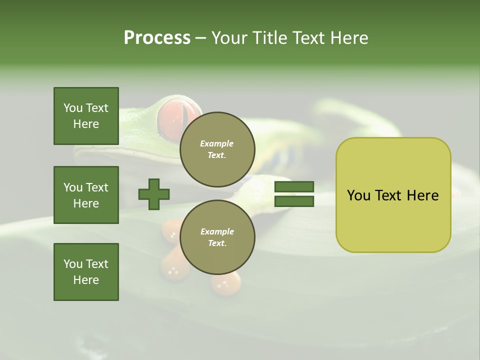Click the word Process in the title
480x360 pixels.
click(157, 38)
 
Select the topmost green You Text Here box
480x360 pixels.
click(86, 116)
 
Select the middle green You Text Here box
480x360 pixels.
click(86, 195)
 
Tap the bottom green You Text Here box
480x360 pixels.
click(86, 272)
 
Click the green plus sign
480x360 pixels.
click(154, 194)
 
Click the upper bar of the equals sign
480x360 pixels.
click(294, 186)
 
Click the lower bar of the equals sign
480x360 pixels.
click(294, 201)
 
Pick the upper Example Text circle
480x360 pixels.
click(217, 149)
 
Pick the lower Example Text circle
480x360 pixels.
click(217, 237)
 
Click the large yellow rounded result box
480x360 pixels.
click(393, 220)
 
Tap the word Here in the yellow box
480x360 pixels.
click(422, 195)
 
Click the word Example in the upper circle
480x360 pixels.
click(217, 143)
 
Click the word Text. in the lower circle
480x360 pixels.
click(217, 243)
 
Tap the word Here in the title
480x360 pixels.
click(348, 38)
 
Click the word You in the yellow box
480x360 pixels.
click(358, 195)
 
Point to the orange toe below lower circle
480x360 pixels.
click(225, 285)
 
